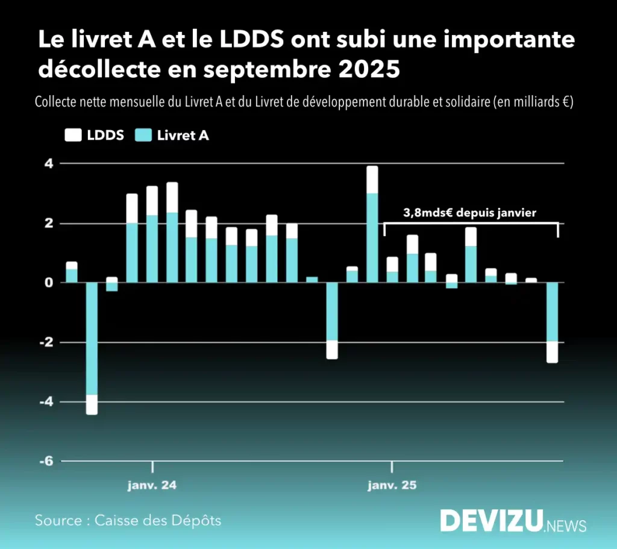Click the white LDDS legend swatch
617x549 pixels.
click(x=72, y=136)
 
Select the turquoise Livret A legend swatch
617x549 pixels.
click(x=143, y=136)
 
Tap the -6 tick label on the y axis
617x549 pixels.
click(x=46, y=461)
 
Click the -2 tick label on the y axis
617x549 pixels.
click(x=46, y=342)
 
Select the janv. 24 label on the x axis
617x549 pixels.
click(x=152, y=485)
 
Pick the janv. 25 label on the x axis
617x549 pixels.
click(x=392, y=485)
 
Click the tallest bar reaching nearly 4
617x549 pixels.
click(x=372, y=224)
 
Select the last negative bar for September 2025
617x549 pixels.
click(x=552, y=322)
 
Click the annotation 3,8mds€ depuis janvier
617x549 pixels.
click(x=469, y=212)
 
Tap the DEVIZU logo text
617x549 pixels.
click(x=491, y=521)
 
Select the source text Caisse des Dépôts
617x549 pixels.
click(x=158, y=520)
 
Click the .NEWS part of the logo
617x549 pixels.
click(x=565, y=525)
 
